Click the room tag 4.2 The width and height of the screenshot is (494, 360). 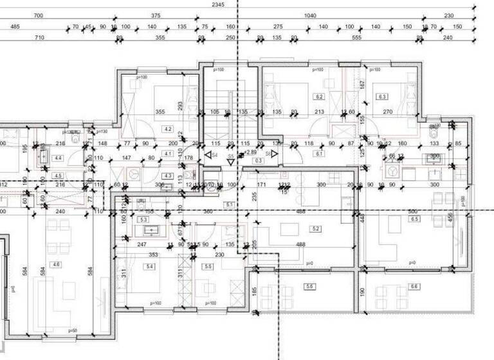(169, 129)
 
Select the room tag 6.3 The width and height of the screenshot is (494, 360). (382, 97)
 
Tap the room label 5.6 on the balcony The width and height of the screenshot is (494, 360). (310, 286)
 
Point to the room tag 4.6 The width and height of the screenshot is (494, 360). (57, 264)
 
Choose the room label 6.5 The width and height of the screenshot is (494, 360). (415, 219)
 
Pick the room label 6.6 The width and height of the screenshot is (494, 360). (414, 286)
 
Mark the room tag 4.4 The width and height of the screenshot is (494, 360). (58, 157)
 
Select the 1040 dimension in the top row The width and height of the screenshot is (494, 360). (310, 15)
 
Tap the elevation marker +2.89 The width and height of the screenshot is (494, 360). (249, 153)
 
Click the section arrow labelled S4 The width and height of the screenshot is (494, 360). (209, 155)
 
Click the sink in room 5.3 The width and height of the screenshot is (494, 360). (143, 230)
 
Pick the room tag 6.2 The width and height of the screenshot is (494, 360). (318, 97)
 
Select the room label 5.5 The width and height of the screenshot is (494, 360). (207, 266)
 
